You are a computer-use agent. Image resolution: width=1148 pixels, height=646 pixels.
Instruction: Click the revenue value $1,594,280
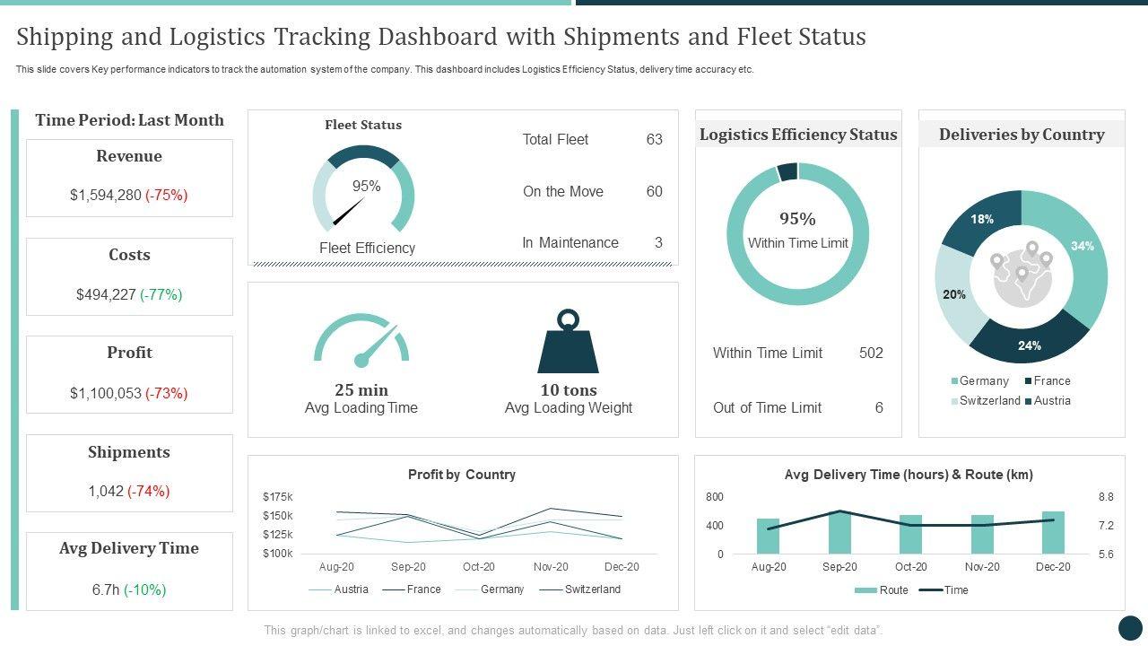[x=105, y=195]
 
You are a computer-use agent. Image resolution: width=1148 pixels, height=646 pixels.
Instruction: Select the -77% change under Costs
[x=161, y=294]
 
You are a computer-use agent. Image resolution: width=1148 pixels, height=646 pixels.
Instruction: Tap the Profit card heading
[x=129, y=353]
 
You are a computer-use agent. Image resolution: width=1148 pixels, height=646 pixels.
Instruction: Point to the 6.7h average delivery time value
[x=105, y=589]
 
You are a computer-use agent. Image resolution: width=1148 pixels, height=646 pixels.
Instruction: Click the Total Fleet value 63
[x=654, y=139]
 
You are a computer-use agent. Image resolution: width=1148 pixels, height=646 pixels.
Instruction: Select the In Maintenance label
[x=570, y=242]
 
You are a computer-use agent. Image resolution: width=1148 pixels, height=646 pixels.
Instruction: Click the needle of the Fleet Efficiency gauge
[x=348, y=212]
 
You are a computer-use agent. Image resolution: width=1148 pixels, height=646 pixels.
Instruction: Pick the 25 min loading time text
[x=361, y=390]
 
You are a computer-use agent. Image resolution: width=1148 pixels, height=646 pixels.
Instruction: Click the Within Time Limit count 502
[x=871, y=353]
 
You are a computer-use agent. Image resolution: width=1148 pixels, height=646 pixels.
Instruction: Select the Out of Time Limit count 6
[x=879, y=407]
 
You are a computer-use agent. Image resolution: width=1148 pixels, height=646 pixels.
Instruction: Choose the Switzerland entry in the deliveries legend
[x=989, y=401]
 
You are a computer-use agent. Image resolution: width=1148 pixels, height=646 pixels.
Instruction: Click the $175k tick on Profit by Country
[x=278, y=496]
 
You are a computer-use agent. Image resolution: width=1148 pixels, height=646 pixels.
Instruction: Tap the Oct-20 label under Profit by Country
[x=479, y=567]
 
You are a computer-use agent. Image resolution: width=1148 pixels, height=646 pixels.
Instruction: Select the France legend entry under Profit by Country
[x=423, y=589]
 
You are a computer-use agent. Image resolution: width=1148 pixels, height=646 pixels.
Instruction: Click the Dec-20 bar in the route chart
[x=1053, y=533]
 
